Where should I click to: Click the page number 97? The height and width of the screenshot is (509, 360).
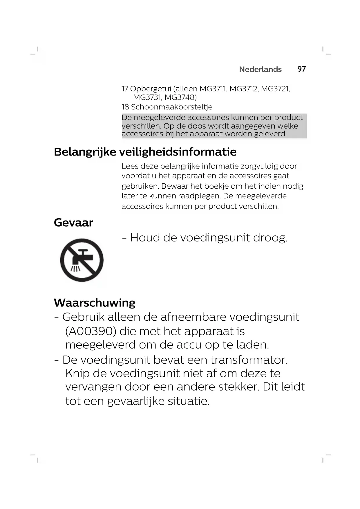point(301,69)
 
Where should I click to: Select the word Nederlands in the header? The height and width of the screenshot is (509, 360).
point(260,69)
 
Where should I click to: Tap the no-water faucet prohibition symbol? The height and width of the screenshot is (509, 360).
point(82,260)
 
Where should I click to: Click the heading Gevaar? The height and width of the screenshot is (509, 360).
point(73,223)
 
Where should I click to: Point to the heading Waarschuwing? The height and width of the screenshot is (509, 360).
point(95,303)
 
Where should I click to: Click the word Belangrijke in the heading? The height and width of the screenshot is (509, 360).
point(85,152)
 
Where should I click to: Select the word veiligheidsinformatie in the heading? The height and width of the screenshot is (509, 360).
point(178,152)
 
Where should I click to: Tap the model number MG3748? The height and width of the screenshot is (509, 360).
point(180,97)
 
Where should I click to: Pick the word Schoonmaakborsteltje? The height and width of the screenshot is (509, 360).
point(172,107)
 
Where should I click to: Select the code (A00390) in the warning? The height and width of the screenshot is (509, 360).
point(91,331)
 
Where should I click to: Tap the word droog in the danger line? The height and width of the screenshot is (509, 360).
point(270,238)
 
